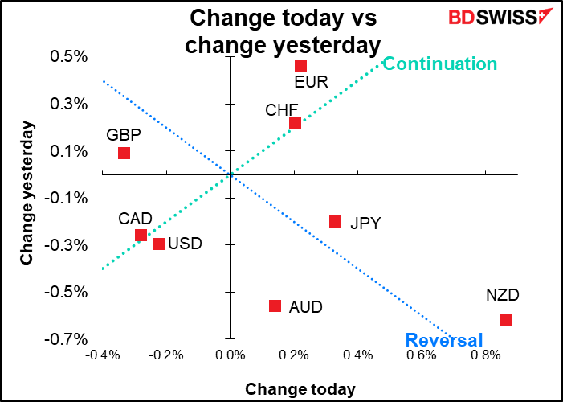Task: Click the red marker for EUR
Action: tap(300, 66)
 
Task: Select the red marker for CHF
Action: tap(295, 122)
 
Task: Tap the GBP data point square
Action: tap(124, 153)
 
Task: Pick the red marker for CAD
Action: tap(141, 236)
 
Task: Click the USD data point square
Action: tap(159, 244)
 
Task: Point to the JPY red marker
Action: tap(335, 221)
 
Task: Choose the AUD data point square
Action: tap(275, 306)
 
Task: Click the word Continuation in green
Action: tap(439, 64)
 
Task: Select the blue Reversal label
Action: tap(444, 339)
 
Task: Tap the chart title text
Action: tap(282, 31)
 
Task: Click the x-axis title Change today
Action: tap(300, 389)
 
